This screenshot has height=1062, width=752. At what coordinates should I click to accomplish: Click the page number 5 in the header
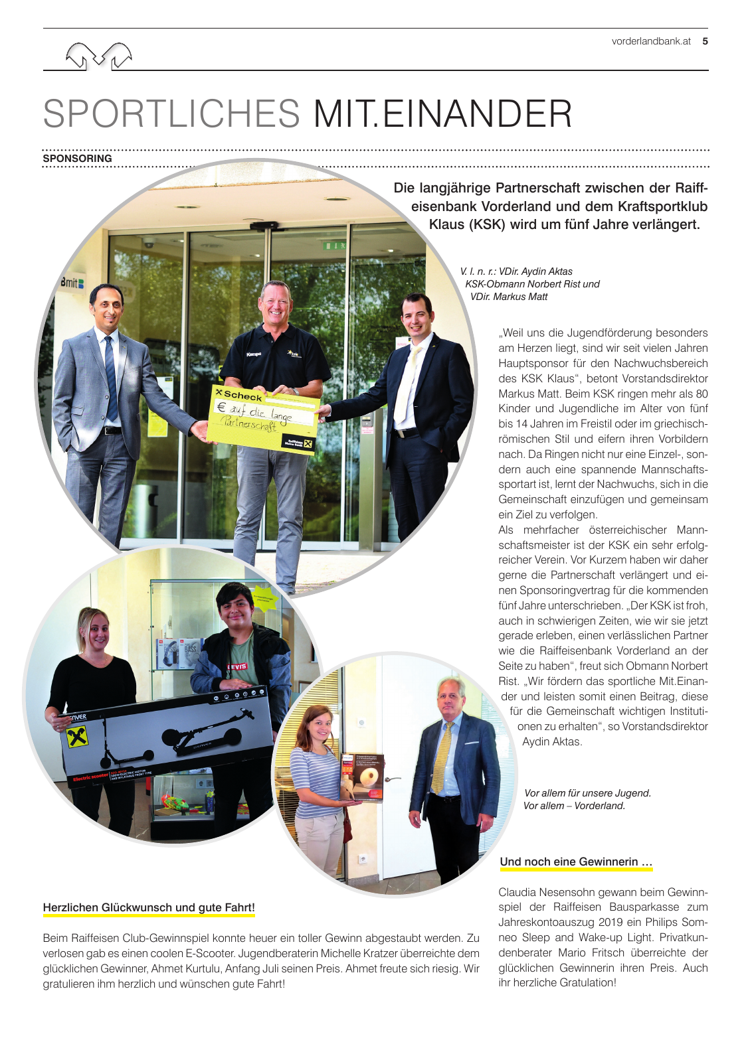click(705, 41)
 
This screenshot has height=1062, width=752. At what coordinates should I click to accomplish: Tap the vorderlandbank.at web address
click(651, 41)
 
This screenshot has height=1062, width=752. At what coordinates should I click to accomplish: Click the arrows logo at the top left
click(98, 55)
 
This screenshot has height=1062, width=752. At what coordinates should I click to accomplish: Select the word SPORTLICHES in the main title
click(171, 114)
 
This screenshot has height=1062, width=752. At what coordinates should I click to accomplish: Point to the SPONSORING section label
click(77, 159)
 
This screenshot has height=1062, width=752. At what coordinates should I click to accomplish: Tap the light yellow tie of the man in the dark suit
click(407, 385)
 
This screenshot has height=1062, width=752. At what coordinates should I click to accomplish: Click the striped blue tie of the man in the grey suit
click(111, 378)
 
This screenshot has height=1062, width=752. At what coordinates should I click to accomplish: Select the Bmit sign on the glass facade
click(72, 283)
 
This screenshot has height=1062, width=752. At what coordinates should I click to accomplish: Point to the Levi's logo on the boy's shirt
click(236, 666)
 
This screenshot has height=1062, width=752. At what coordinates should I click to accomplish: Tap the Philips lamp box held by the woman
click(361, 778)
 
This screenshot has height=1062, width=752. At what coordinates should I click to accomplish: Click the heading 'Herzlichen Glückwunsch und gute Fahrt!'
click(149, 907)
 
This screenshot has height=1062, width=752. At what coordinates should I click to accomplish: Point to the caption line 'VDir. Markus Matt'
click(509, 297)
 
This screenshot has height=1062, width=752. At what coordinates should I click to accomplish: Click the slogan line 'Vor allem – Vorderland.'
click(574, 806)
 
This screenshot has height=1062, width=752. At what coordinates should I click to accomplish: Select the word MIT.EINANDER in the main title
click(442, 114)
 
